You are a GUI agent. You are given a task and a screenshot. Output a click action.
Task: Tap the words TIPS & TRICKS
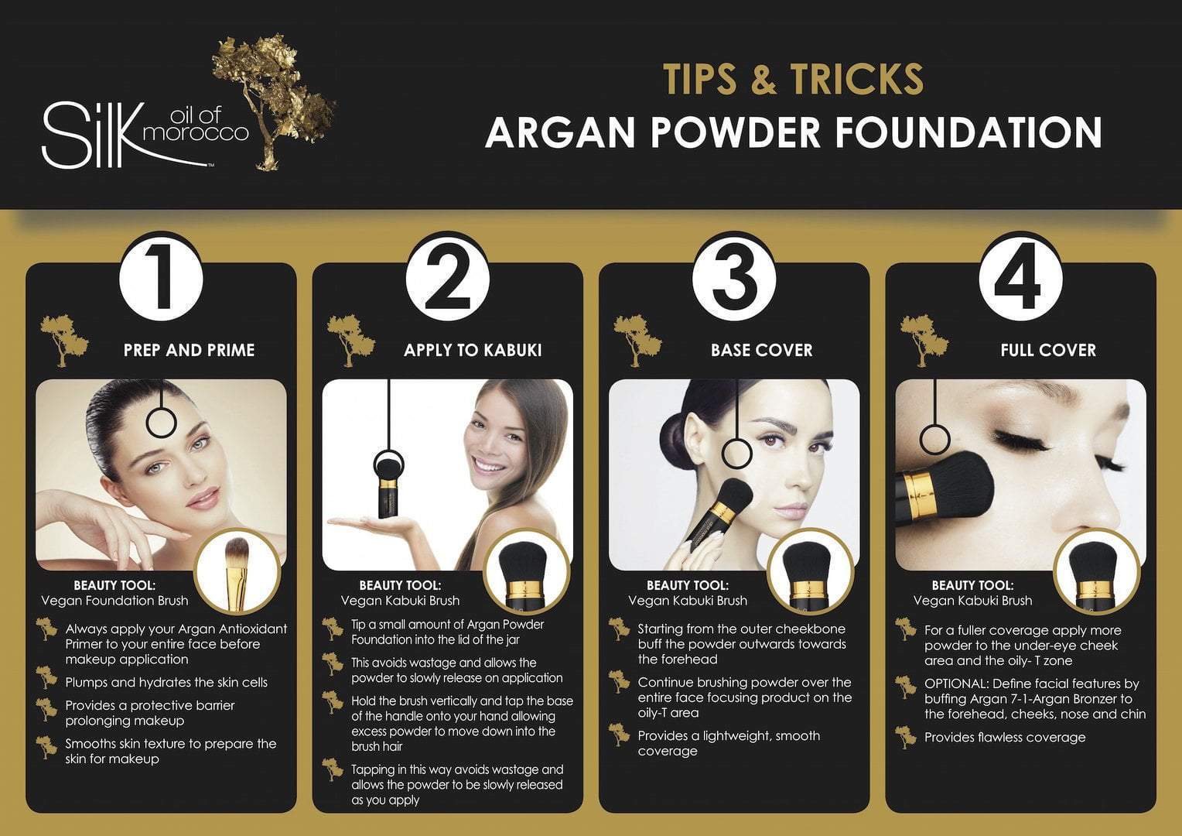(793, 79)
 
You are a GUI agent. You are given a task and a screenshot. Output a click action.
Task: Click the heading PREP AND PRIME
(189, 350)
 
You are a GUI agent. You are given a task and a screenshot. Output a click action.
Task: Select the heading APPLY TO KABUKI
(473, 350)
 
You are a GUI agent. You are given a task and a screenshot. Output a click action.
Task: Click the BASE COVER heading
(761, 350)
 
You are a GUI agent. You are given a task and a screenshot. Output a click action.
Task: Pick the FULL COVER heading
(1048, 350)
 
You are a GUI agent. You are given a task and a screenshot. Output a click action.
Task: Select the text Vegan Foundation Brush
(114, 601)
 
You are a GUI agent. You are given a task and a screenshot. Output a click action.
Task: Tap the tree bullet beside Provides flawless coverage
(906, 737)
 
